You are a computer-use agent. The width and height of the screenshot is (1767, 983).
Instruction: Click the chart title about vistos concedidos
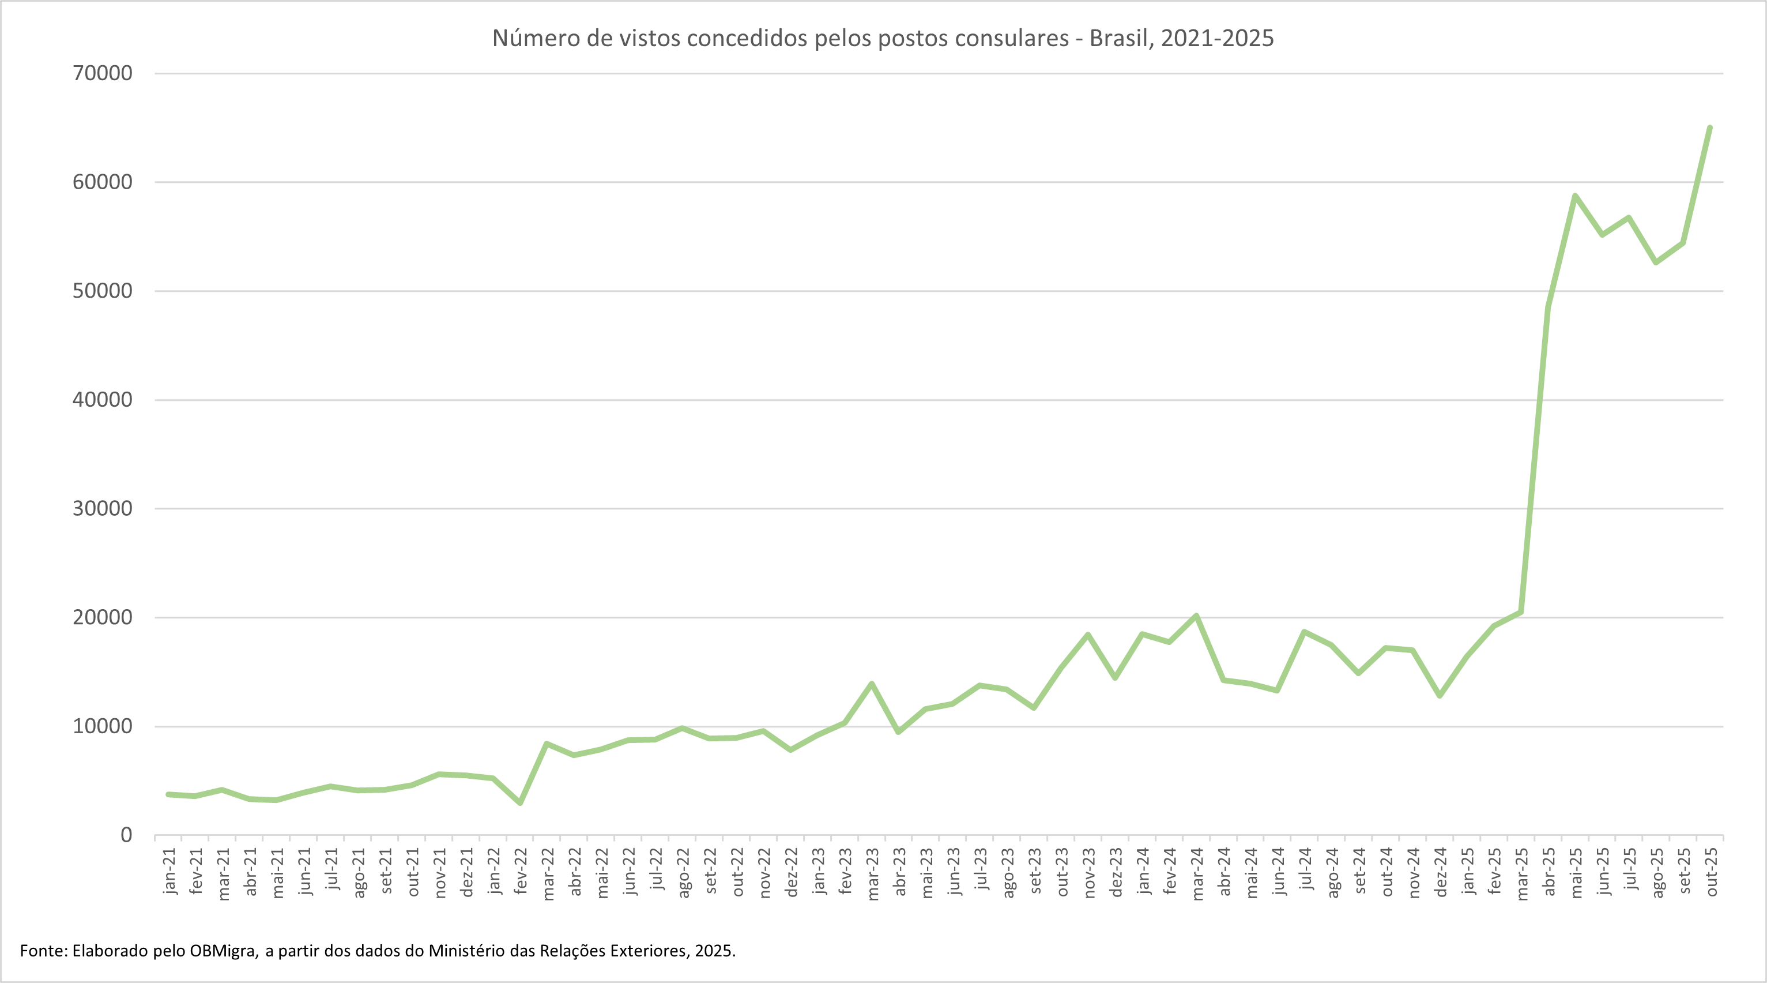click(x=883, y=39)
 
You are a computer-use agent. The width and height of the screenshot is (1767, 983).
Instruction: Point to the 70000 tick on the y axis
click(x=102, y=73)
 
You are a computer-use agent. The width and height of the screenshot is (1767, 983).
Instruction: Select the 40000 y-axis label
click(x=102, y=400)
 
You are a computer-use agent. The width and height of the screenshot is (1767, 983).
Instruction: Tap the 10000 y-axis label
click(x=102, y=726)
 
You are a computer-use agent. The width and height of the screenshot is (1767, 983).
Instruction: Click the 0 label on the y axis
click(x=126, y=835)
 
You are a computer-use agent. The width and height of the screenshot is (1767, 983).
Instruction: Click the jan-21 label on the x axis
click(x=169, y=871)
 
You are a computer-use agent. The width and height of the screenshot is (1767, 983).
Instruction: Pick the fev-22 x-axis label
click(x=521, y=871)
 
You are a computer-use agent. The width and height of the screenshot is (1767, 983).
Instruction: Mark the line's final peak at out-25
click(x=1710, y=127)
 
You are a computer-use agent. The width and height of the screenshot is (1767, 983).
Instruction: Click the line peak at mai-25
click(x=1575, y=196)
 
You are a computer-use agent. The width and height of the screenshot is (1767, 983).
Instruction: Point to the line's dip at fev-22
click(x=521, y=802)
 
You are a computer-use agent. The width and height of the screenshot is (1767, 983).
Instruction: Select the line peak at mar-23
click(x=872, y=684)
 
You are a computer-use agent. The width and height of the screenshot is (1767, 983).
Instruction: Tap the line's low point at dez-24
click(x=1440, y=695)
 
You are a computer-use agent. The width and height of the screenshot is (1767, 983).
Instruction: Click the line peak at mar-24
click(x=1196, y=616)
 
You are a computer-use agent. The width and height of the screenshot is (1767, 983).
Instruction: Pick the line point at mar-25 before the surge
click(x=1521, y=611)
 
